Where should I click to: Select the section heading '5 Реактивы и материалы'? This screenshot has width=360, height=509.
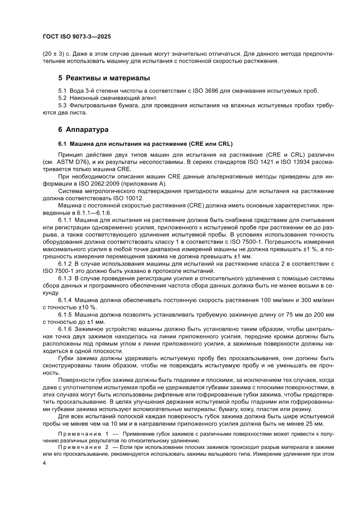[x=104, y=78]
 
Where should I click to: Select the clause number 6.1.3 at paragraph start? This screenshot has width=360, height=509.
[x=65, y=278]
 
